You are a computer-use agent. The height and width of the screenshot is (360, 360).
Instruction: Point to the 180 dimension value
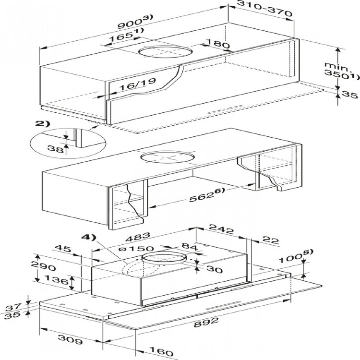213,44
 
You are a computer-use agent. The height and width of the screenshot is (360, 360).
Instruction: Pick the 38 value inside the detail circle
57,149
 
